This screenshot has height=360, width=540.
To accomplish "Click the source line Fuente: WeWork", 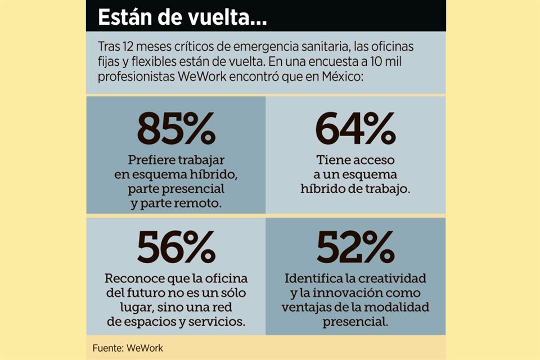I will click(x=128, y=348).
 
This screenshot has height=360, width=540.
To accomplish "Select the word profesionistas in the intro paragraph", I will click(x=131, y=74).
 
